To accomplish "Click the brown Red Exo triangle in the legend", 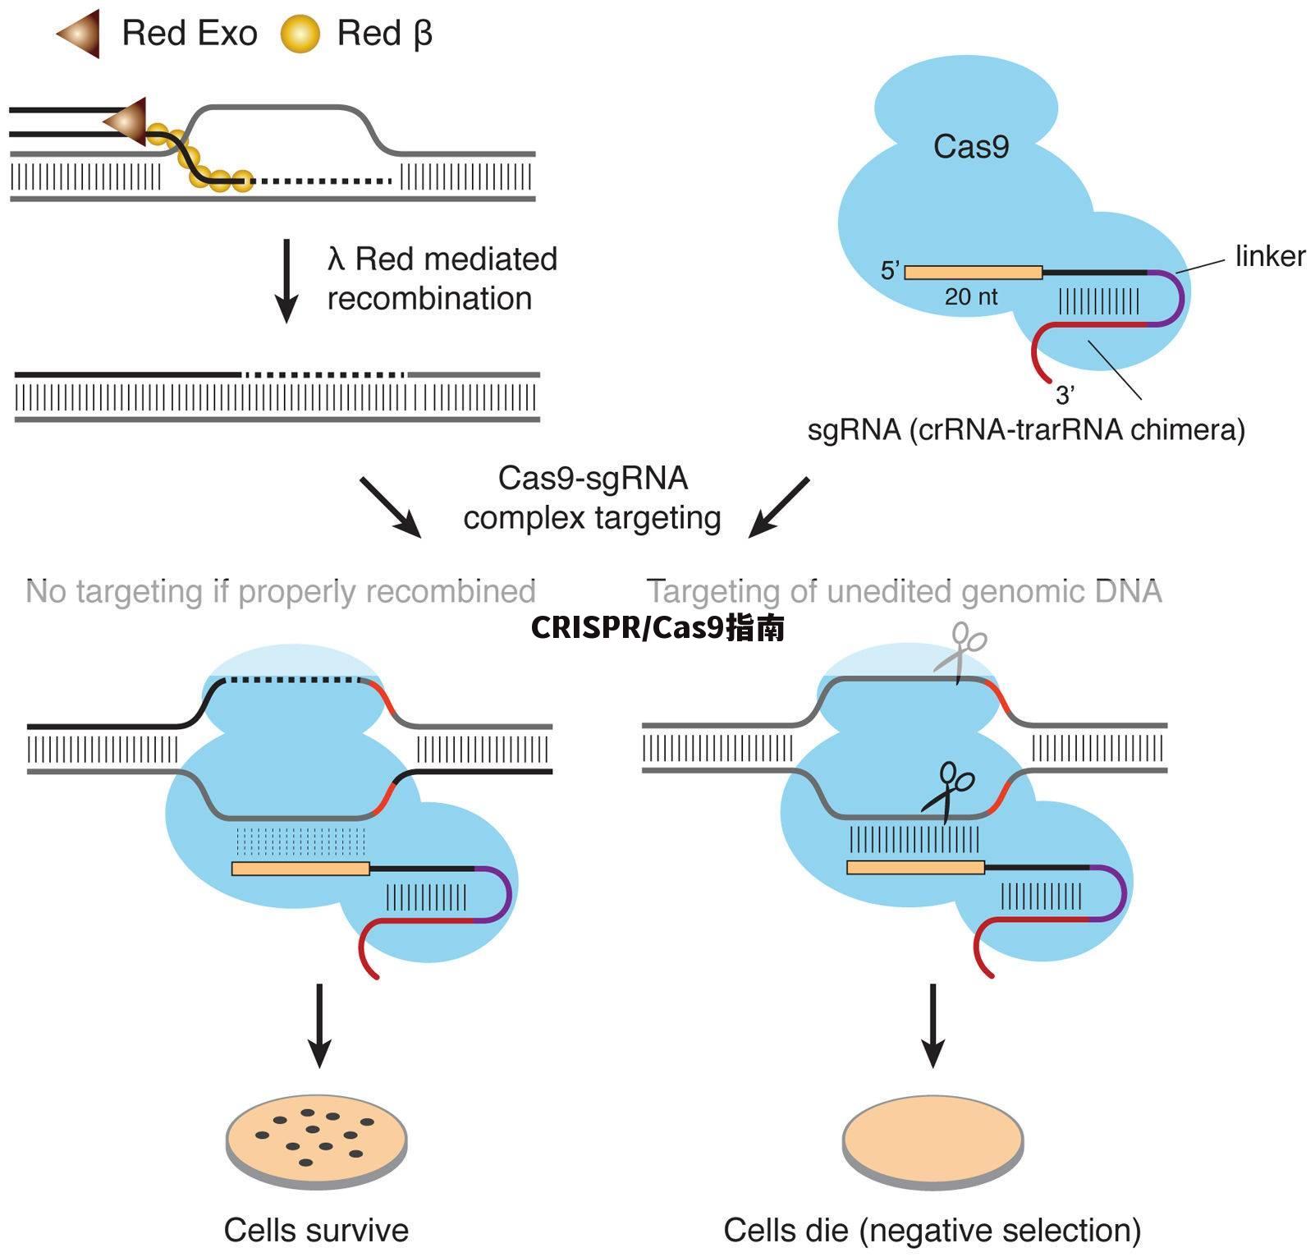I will [x=80, y=34].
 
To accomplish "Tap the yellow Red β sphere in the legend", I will [x=300, y=34].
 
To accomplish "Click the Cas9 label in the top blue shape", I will [x=970, y=147].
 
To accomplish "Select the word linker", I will [x=1270, y=256].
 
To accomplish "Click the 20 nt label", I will [x=970, y=297].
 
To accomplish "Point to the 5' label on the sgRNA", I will [x=890, y=271].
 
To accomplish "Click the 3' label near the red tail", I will [x=1065, y=396].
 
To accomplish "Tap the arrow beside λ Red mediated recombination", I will [x=286, y=281].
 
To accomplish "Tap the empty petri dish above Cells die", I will [x=932, y=1141].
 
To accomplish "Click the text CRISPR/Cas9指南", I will [x=657, y=627].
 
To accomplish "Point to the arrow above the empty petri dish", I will [x=932, y=1026].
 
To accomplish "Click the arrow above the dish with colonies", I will [x=318, y=1026].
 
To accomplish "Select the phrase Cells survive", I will [x=316, y=1230].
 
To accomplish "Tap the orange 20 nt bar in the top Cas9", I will [x=973, y=273].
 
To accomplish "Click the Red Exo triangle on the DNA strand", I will [x=127, y=122].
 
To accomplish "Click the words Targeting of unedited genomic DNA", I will [x=904, y=591].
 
